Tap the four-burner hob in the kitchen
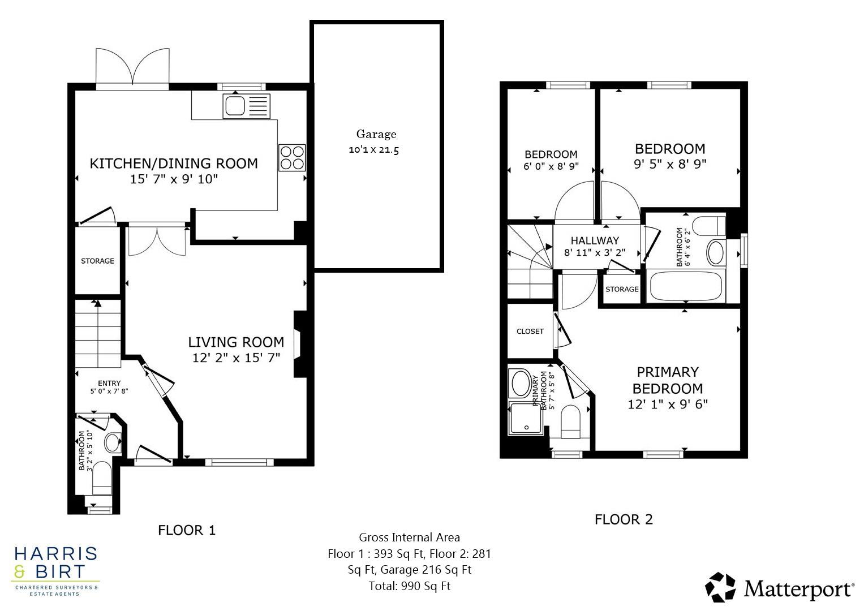pos(292,157)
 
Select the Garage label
pos(376,135)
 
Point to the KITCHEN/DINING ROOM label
pos(174,163)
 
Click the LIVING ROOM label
pos(236,342)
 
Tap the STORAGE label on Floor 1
pos(97,261)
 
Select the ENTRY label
pos(109,384)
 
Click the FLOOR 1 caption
pos(187,531)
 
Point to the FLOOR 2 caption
pos(624,520)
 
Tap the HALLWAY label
pos(595,240)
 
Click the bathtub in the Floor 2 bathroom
pos(686,287)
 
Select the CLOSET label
pos(530,332)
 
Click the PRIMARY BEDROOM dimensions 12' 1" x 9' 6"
pos(668,405)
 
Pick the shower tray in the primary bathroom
pos(526,418)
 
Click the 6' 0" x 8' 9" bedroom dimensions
pos(551,167)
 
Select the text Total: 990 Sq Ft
pos(409,586)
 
